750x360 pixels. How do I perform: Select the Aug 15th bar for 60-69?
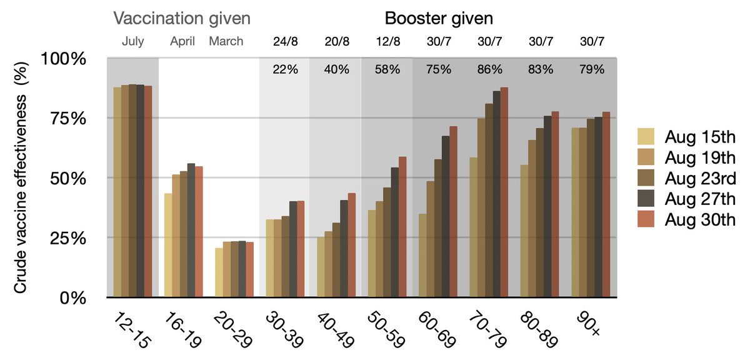click(423, 256)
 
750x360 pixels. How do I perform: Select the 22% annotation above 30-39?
click(285, 69)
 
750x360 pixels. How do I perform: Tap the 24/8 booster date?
click(285, 42)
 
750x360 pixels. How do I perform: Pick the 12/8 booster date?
click(387, 42)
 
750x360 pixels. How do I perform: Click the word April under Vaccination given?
click(183, 42)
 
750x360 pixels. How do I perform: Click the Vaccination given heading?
click(182, 17)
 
